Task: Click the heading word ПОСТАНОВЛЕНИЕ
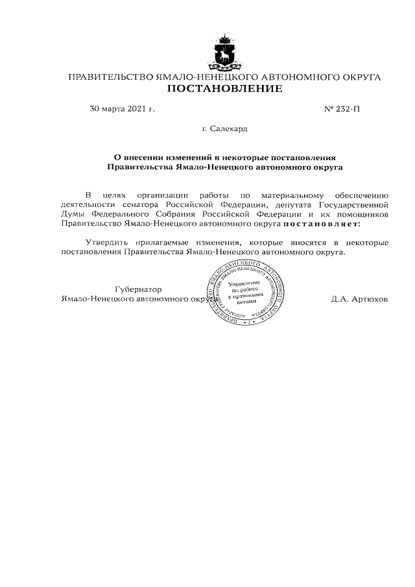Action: click(224, 89)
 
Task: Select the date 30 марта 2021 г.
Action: click(122, 109)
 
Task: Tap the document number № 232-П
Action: click(341, 109)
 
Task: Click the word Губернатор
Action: click(137, 289)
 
